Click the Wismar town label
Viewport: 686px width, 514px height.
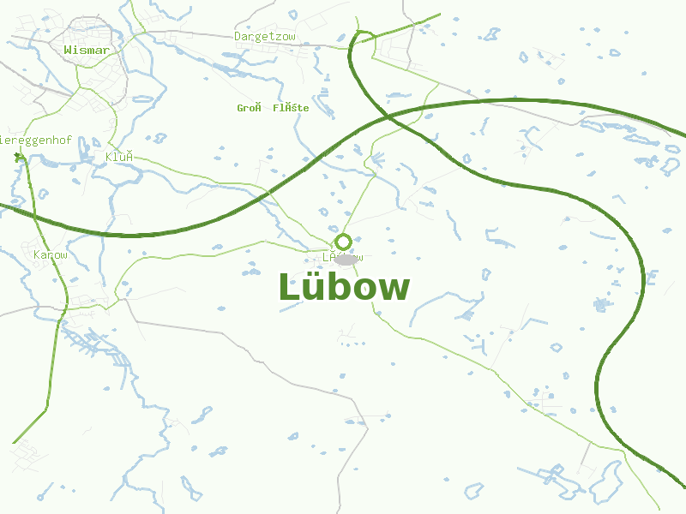click(87, 51)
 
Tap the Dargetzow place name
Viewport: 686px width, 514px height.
click(264, 37)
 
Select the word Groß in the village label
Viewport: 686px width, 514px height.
click(249, 108)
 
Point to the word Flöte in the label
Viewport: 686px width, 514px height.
click(291, 108)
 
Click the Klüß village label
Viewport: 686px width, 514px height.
click(119, 157)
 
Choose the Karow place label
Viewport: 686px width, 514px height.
click(50, 255)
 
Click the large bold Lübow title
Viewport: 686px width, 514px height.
click(343, 287)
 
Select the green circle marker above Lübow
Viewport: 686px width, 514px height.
click(343, 242)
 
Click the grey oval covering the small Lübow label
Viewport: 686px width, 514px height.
click(345, 258)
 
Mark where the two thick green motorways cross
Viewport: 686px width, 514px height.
click(388, 115)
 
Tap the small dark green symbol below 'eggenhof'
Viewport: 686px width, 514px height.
click(19, 158)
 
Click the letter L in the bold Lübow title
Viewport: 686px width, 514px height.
click(287, 287)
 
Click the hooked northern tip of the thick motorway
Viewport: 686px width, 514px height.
click(360, 34)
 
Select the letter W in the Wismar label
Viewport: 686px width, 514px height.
click(69, 51)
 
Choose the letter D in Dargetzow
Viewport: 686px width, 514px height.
click(238, 37)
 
